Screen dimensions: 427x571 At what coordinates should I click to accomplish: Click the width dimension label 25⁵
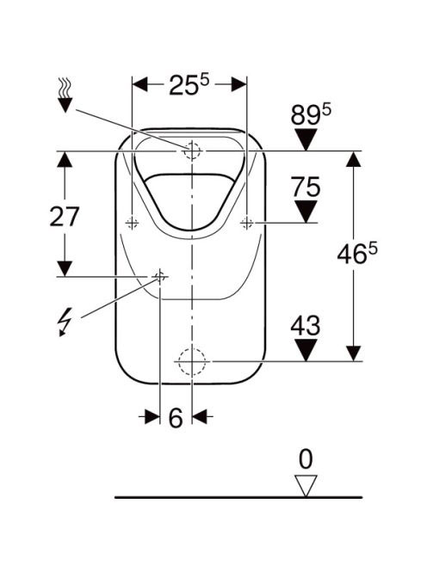[x=189, y=85]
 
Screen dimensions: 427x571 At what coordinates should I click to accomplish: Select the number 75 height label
[x=306, y=187]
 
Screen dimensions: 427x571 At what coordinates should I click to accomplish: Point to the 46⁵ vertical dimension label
[x=357, y=254]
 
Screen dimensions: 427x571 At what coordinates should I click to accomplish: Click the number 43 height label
[x=306, y=325]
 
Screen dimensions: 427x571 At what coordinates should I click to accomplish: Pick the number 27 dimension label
[x=65, y=217]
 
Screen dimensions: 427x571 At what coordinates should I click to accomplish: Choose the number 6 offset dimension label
[x=176, y=418]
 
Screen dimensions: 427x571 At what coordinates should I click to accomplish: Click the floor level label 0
[x=306, y=459]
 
